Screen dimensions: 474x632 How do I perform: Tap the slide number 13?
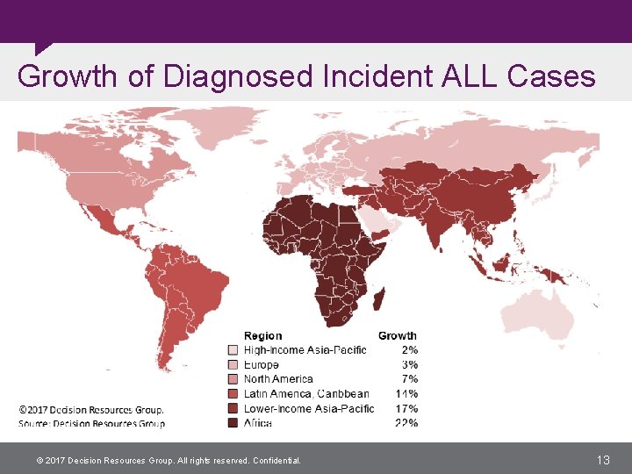[x=603, y=459]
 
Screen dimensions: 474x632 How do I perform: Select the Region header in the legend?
[x=263, y=335]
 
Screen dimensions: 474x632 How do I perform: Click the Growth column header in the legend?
[x=397, y=335]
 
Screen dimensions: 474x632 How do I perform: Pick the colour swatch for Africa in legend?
[x=233, y=423]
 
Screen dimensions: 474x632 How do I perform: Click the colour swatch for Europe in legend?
[x=233, y=364]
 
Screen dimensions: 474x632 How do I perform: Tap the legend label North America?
[x=278, y=379]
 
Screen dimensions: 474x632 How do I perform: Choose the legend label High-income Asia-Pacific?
[x=305, y=350]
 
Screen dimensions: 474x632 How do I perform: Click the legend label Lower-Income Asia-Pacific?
[x=308, y=408]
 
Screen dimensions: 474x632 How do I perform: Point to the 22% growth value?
[x=406, y=423]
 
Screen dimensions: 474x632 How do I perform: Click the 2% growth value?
[x=410, y=350]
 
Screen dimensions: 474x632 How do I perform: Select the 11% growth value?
[x=406, y=394]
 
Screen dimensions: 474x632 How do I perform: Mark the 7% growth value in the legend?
[x=410, y=379]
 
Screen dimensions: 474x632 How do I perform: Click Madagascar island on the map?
[x=381, y=300]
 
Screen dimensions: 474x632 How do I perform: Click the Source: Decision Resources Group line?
[x=91, y=424]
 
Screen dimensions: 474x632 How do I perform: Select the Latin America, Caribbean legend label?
[x=306, y=394]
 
